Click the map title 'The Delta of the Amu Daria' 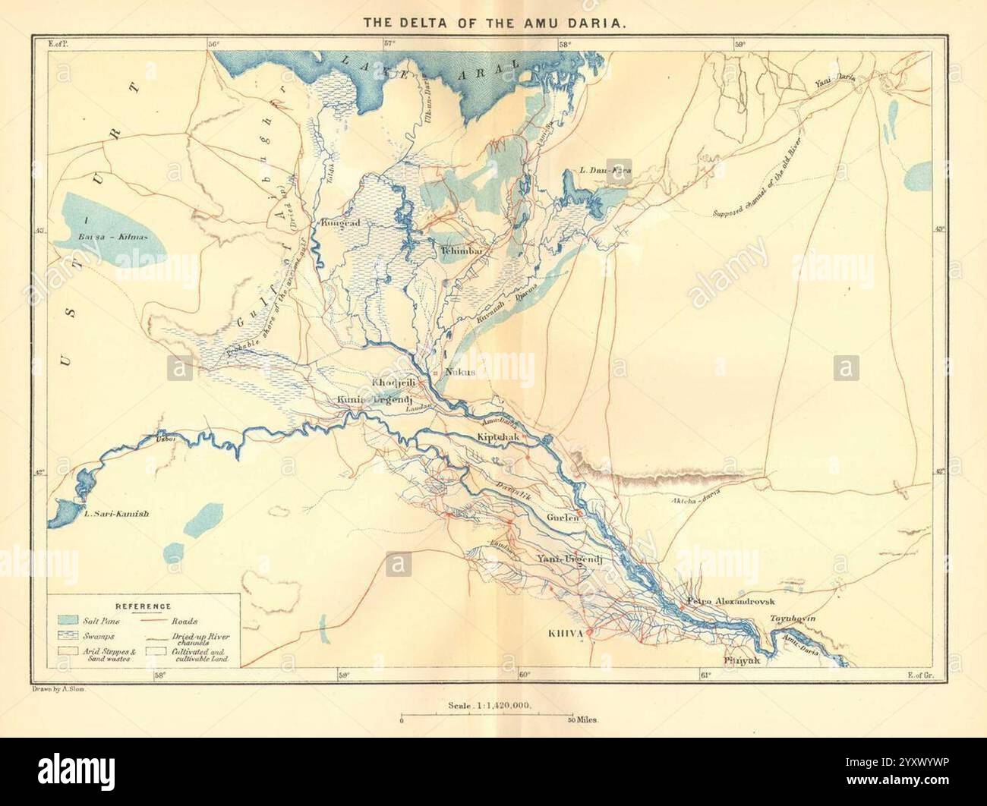pyautogui.click(x=494, y=23)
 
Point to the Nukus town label pyautogui.click(x=459, y=372)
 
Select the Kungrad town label pyautogui.click(x=340, y=223)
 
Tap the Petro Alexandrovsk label pyautogui.click(x=728, y=601)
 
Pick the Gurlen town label pyautogui.click(x=563, y=518)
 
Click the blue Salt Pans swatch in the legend pyautogui.click(x=69, y=621)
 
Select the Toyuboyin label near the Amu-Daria pyautogui.click(x=793, y=619)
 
